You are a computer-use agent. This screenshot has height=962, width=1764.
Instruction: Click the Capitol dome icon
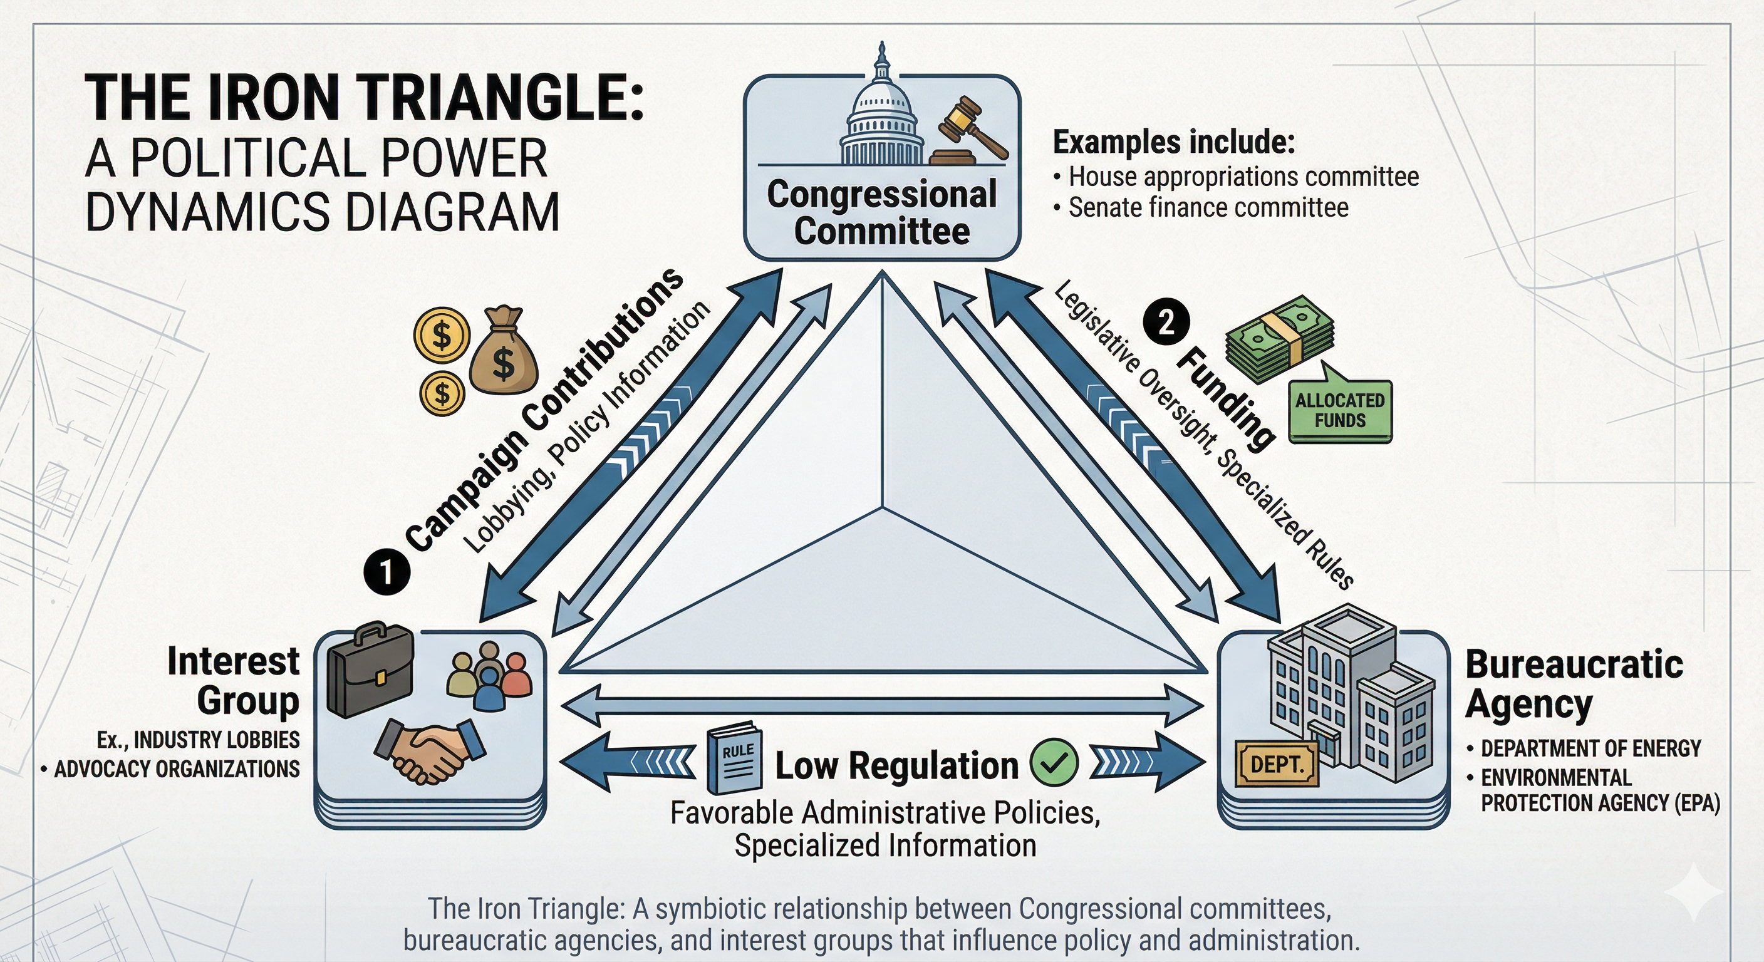tap(881, 113)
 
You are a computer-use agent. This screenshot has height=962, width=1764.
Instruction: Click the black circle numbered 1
tap(387, 572)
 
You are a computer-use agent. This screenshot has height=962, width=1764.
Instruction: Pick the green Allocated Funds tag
tap(1340, 411)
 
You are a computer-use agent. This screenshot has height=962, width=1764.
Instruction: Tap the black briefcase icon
tap(370, 669)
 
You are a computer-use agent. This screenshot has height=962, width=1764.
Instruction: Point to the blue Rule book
tap(735, 758)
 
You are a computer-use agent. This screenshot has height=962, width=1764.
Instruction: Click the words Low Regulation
tap(896, 765)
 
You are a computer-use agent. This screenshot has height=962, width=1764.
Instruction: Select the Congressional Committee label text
tap(882, 212)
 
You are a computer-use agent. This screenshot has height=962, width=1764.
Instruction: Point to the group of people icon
tap(489, 677)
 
